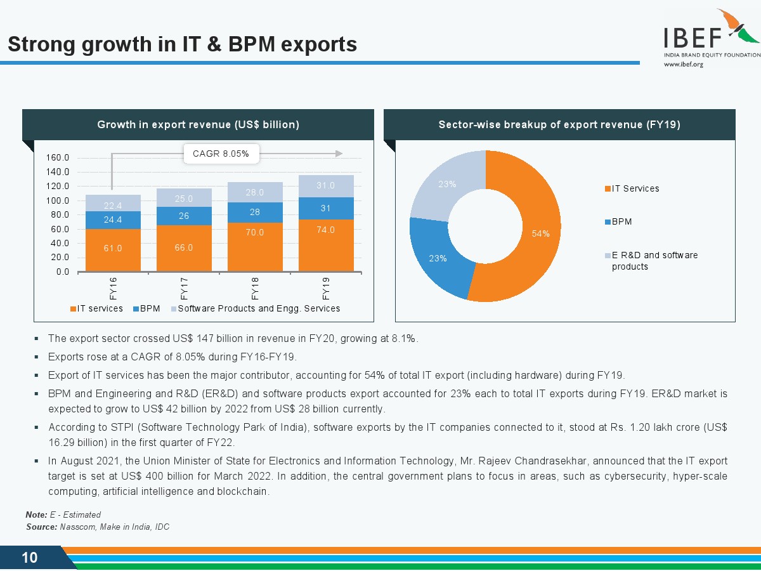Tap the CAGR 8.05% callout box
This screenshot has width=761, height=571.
[221, 154]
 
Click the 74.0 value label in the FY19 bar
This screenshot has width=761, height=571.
[326, 230]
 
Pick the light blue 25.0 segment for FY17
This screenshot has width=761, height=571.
[184, 198]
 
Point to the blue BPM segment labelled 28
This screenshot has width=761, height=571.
[255, 212]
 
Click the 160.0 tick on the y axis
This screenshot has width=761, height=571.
[58, 157]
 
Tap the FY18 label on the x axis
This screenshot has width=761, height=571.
[255, 287]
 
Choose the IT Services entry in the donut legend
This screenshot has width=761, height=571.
[635, 188]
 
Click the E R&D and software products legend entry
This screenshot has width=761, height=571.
[654, 261]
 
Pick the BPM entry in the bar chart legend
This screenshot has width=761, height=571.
[150, 308]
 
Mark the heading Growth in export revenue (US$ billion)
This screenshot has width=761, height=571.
[198, 124]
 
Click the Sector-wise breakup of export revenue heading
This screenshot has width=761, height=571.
[559, 124]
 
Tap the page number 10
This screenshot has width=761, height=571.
[30, 558]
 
